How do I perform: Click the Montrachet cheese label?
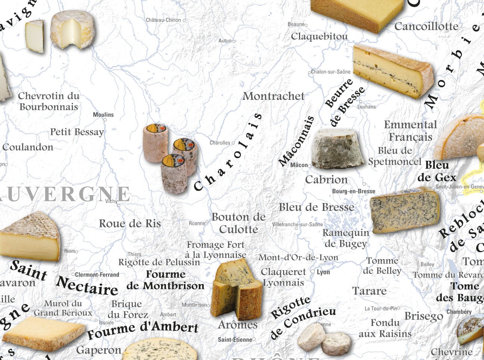click(x=274, y=96)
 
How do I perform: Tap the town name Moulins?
click(x=103, y=115)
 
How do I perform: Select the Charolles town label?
click(x=220, y=143)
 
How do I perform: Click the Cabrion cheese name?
click(x=326, y=180)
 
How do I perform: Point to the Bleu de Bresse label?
click(x=316, y=207)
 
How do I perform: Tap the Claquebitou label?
click(x=319, y=36)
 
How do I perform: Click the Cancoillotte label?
click(x=426, y=26)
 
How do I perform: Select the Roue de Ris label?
click(x=130, y=224)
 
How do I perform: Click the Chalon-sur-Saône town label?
click(x=331, y=72)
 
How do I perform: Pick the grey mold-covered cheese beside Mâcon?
click(x=337, y=148)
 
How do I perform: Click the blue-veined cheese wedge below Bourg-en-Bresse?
click(x=404, y=210)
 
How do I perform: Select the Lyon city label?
click(x=323, y=272)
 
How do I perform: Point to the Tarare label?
click(x=369, y=291)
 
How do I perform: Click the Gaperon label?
click(x=99, y=350)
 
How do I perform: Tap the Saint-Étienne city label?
click(x=235, y=340)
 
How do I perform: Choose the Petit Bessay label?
click(x=77, y=132)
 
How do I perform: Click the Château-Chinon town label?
click(x=163, y=20)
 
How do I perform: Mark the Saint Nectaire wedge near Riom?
click(x=30, y=236)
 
